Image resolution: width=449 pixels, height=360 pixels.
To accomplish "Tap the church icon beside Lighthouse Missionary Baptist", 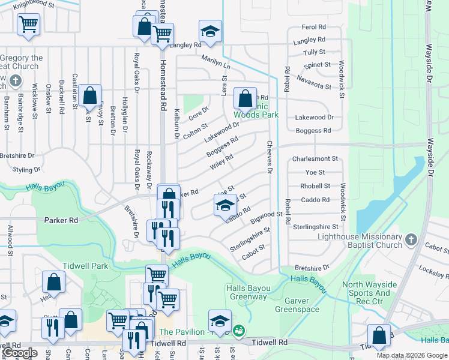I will pos(411,239).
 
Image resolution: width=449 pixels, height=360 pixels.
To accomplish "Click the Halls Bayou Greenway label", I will pos(246,293).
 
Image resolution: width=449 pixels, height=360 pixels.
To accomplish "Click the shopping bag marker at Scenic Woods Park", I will pos(245,97).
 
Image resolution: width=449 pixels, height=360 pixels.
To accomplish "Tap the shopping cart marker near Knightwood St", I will pos(28,24).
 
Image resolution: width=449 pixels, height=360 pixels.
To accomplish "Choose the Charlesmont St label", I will pos(315,159).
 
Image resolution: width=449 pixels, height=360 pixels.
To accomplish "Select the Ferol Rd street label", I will pos(313,27).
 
